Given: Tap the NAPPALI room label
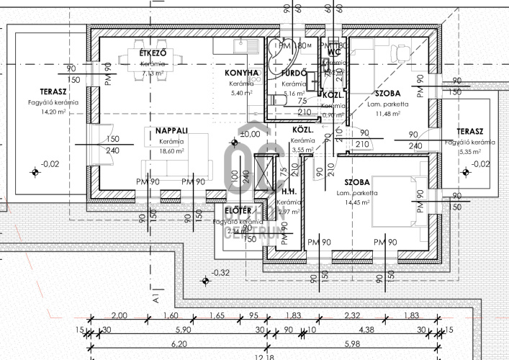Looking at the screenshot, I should click(x=171, y=130).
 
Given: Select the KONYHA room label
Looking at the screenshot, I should click(x=241, y=73).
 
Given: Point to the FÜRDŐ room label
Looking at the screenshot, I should click(x=296, y=73).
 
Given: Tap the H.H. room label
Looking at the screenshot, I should click(x=290, y=192).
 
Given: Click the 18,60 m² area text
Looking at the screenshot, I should click(x=171, y=151).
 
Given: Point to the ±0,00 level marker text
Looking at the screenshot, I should click(x=250, y=134).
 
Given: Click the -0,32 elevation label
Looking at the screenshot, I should click(x=221, y=274).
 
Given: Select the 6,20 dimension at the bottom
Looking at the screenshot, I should click(x=179, y=345).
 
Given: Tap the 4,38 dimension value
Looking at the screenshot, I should click(x=367, y=330).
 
